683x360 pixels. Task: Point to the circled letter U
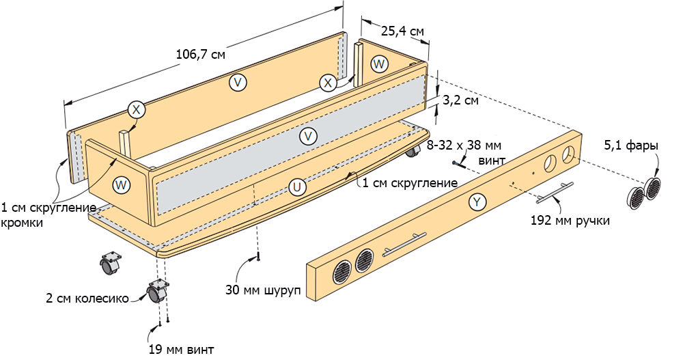click(296, 186)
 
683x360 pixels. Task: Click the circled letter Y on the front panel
click(477, 202)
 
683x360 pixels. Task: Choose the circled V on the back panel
click(238, 82)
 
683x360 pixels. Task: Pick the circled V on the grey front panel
click(309, 137)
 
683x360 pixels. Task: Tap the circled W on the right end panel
click(380, 64)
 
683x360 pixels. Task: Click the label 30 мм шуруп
click(263, 290)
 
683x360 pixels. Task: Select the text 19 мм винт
click(181, 350)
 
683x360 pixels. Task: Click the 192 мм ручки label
click(570, 221)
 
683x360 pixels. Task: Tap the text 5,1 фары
click(631, 146)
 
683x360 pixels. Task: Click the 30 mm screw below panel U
click(259, 257)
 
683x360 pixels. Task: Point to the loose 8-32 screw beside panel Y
click(458, 163)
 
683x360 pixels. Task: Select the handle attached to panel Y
click(404, 244)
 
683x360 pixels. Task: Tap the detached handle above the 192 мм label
click(554, 193)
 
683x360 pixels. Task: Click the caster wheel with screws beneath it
click(157, 292)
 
